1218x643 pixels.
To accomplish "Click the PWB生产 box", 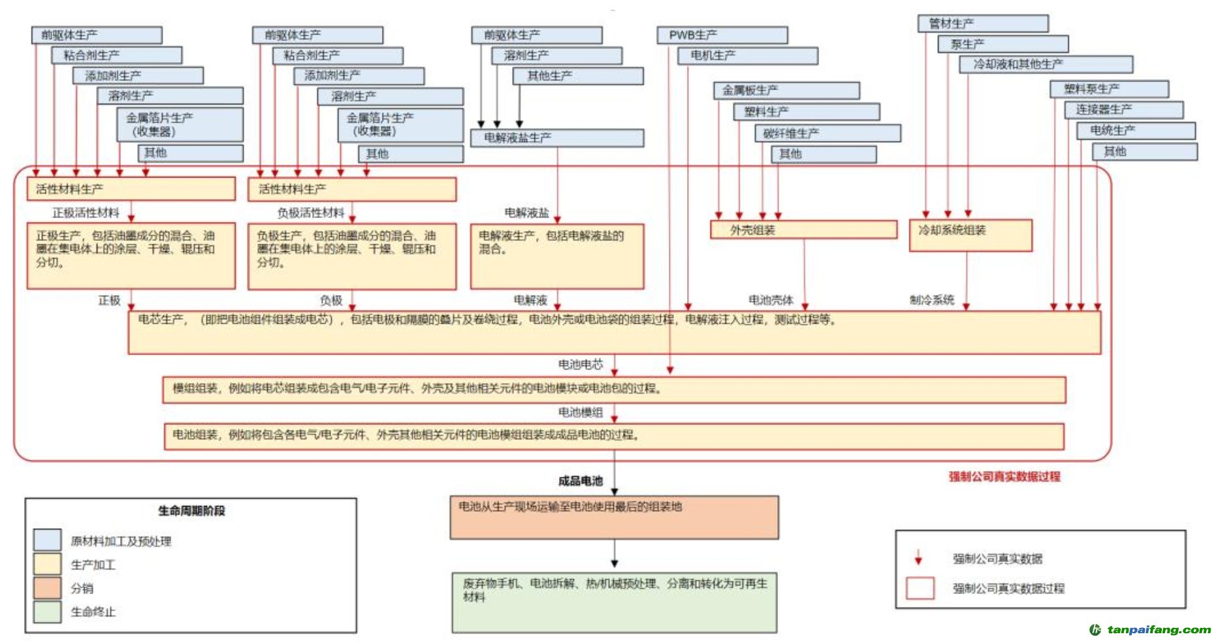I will (x=722, y=35).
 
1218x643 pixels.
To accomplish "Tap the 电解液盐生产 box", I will (x=556, y=138).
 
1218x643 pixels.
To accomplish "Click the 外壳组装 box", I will (x=803, y=230).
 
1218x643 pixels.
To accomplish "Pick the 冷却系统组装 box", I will (x=970, y=235).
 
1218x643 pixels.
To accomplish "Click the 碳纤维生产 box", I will (x=827, y=133).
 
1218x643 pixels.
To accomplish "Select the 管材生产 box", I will (x=982, y=24).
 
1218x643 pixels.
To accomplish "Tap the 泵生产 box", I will (x=1002, y=44).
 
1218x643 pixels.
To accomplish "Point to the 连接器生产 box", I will (x=1123, y=110).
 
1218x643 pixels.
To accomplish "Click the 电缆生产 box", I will (x=1136, y=131).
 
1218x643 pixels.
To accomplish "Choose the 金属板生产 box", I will (x=786, y=91).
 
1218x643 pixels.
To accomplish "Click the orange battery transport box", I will (x=614, y=518).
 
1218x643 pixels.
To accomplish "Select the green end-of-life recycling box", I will (x=614, y=603).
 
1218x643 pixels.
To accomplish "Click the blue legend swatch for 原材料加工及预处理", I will (x=47, y=541).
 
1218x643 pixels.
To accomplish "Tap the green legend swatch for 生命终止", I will (x=47, y=612).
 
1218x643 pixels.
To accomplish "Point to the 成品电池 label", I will (x=580, y=481).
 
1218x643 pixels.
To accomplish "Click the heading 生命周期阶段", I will (x=191, y=510).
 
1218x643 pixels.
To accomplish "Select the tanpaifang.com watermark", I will (x=1151, y=630).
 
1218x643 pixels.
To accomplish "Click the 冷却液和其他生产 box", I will (x=1046, y=65).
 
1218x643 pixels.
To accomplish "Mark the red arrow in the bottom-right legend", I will (x=918, y=557).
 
